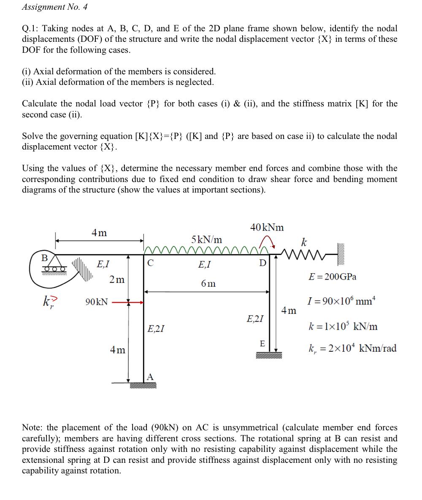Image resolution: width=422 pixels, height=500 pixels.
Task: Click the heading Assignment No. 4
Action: (x=54, y=7)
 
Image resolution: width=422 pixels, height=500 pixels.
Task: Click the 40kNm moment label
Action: (x=267, y=227)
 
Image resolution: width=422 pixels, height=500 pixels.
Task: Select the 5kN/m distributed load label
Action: (x=207, y=239)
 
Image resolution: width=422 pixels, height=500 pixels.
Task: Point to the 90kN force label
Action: (x=96, y=302)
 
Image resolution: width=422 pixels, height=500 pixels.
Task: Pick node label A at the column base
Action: (x=150, y=377)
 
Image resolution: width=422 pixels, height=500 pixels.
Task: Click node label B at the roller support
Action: (x=43, y=258)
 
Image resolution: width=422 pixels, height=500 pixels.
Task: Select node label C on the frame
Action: (x=150, y=263)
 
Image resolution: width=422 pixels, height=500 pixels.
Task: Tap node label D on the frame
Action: (x=262, y=264)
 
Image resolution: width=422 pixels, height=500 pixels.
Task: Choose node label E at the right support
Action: (x=262, y=344)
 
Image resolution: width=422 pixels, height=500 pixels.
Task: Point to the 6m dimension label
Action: (x=208, y=283)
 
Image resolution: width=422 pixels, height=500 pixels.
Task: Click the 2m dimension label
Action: (x=117, y=280)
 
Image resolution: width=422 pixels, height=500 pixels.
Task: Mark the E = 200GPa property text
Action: (x=333, y=277)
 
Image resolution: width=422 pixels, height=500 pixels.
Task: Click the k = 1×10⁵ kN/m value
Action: (x=343, y=326)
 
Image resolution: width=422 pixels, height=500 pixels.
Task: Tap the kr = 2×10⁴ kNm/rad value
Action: (x=352, y=348)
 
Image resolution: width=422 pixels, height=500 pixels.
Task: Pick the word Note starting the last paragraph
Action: (x=32, y=428)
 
